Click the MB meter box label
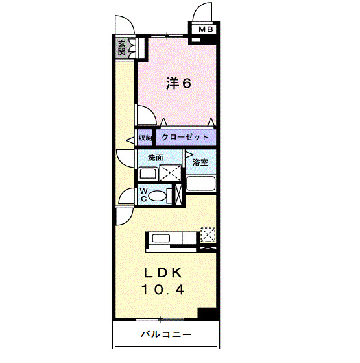tap(206, 29)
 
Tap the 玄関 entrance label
tap(122, 47)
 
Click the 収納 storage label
tap(145, 138)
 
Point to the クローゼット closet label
tap(185, 138)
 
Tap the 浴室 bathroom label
tap(200, 162)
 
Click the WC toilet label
tap(144, 195)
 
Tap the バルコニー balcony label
tap(165, 335)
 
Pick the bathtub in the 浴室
tap(201, 182)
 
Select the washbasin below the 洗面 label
tap(147, 173)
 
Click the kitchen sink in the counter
tap(160, 239)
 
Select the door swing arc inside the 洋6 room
tap(146, 116)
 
